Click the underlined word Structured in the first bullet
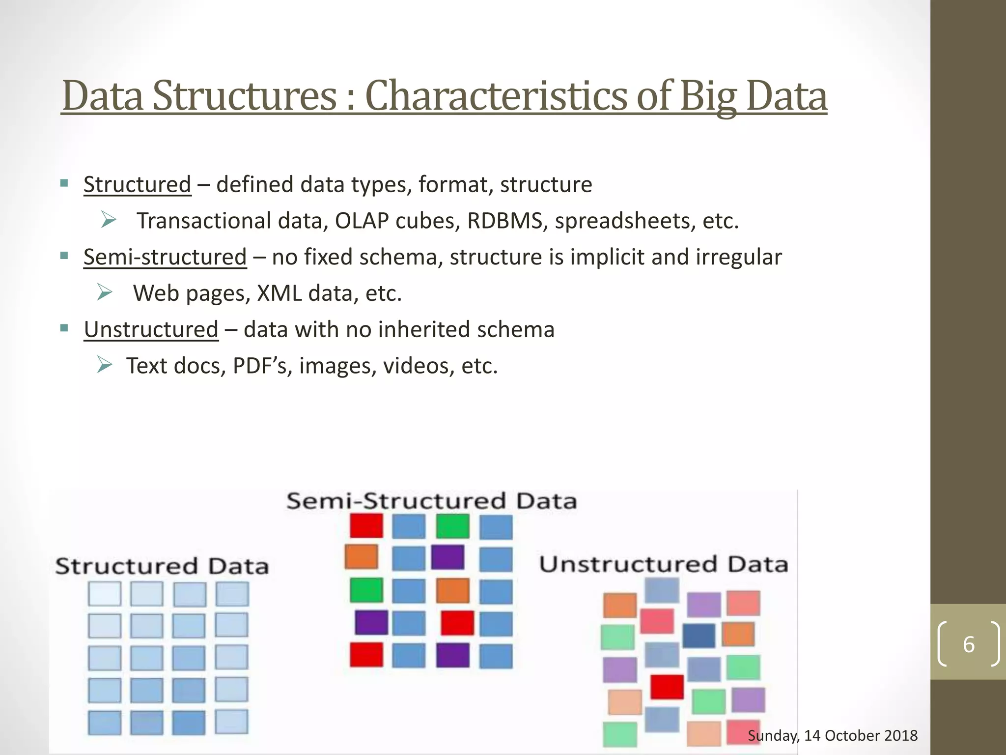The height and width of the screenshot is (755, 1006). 137,185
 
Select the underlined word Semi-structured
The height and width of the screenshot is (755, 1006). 165,257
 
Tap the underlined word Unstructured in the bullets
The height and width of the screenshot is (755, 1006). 151,329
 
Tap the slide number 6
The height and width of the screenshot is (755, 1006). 969,644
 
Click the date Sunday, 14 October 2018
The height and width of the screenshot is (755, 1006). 833,735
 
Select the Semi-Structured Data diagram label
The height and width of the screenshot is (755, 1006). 431,501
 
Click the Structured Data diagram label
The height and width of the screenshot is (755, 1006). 162,566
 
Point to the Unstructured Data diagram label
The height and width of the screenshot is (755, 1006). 664,564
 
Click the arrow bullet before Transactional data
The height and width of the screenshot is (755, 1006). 108,220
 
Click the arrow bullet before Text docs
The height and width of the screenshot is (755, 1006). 105,365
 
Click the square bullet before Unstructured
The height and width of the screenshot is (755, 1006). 64,328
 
